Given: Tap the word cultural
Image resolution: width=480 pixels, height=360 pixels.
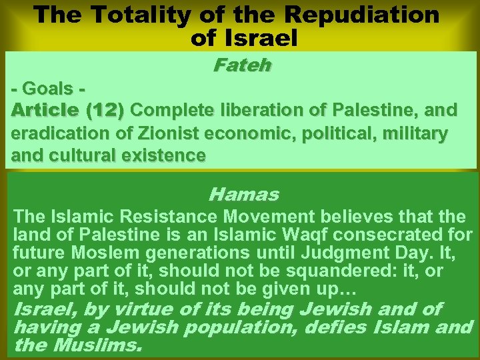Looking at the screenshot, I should click(x=75, y=155).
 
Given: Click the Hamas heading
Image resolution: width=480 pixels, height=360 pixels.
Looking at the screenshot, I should click(x=243, y=195).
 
